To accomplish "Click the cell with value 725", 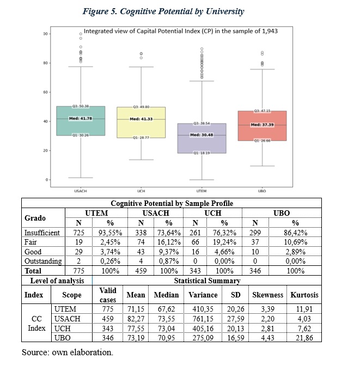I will point(78,232).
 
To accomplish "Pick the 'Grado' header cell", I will point(35,218).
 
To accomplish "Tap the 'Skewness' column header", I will point(267,295).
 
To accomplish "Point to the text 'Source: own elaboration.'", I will point(67,352).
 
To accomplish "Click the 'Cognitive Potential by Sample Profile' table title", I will point(172,203).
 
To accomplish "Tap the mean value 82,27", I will point(136,319).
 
